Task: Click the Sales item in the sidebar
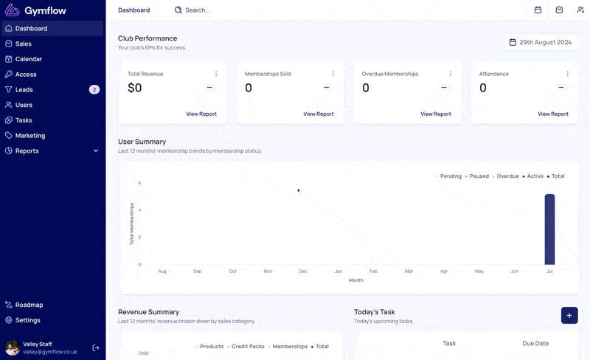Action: pos(24,44)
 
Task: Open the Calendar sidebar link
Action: pos(29,59)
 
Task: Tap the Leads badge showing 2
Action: pos(94,89)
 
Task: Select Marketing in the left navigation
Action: pos(30,136)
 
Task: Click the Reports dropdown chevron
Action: pos(96,150)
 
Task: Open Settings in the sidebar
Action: pos(27,320)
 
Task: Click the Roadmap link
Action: pos(29,305)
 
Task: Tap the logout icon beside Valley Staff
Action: pos(96,347)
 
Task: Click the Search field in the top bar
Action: pos(197,10)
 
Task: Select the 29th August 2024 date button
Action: pos(541,42)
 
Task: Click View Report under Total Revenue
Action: pos(201,114)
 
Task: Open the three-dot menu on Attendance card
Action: pos(567,74)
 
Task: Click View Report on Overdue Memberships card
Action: pos(436,114)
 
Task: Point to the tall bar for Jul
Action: pos(549,229)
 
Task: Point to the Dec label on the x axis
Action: pos(303,271)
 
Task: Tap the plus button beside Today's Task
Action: pos(569,316)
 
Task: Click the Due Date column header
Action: pos(535,344)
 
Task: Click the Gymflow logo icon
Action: pos(12,10)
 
